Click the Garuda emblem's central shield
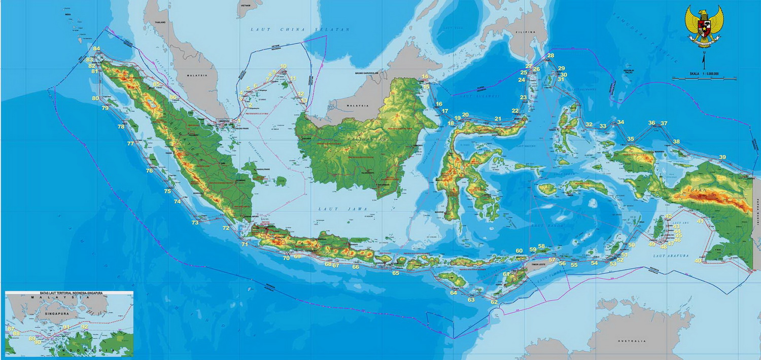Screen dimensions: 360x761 tap(704, 26)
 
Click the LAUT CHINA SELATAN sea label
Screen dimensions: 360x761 tap(300, 30)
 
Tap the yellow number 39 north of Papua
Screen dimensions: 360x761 tap(722, 157)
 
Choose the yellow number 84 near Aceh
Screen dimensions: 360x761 tap(96, 49)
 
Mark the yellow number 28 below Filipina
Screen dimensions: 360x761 tap(550, 55)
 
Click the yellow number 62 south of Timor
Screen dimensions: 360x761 tap(494, 302)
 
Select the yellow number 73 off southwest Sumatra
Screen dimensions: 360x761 tap(195, 223)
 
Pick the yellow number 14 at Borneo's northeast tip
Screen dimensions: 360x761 tap(425, 77)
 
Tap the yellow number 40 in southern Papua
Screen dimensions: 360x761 tap(698, 261)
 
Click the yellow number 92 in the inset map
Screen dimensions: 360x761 tap(85, 327)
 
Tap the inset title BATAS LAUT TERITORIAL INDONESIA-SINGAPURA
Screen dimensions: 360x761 tap(69, 294)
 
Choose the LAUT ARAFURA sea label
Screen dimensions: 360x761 tap(671, 256)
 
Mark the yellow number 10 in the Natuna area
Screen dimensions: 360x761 tap(283, 66)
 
